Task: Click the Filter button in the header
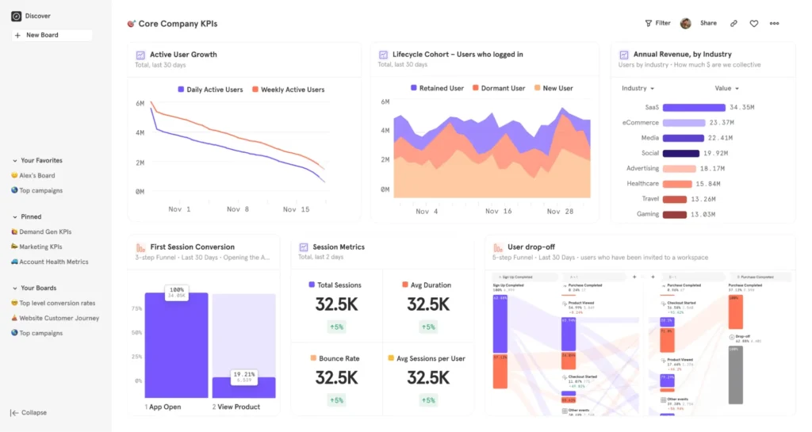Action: coord(657,23)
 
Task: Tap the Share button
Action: coord(708,23)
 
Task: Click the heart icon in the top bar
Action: coord(753,24)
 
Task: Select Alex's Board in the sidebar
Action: coord(36,175)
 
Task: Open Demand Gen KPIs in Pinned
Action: coord(44,231)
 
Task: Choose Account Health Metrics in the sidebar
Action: coord(53,262)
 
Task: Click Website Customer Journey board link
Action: coord(59,318)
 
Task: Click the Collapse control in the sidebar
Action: coord(33,412)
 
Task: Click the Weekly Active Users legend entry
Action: coord(288,90)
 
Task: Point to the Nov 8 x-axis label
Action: coord(238,209)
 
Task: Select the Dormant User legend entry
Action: coord(498,88)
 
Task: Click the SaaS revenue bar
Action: coord(694,108)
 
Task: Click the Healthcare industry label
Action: coord(642,183)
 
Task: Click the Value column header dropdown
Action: coord(726,89)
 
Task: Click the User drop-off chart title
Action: coord(531,247)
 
